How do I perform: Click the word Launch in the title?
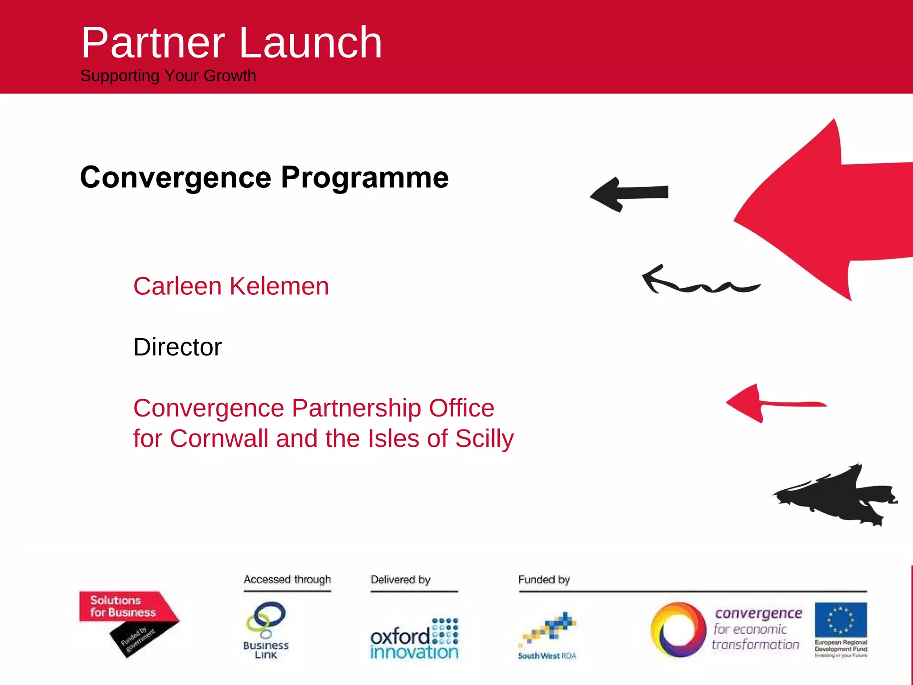coord(311,43)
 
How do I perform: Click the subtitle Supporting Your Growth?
coord(168,76)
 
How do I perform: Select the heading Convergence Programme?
coord(264,177)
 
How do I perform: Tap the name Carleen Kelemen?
coord(231,286)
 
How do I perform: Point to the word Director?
coord(177,347)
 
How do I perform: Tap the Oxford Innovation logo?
coord(414,639)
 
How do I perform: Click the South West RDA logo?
coord(547,635)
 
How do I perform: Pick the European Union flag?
coord(841,619)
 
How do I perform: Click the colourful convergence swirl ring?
coord(678,630)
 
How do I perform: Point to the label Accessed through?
coord(287,579)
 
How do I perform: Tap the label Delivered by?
coord(400,579)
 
